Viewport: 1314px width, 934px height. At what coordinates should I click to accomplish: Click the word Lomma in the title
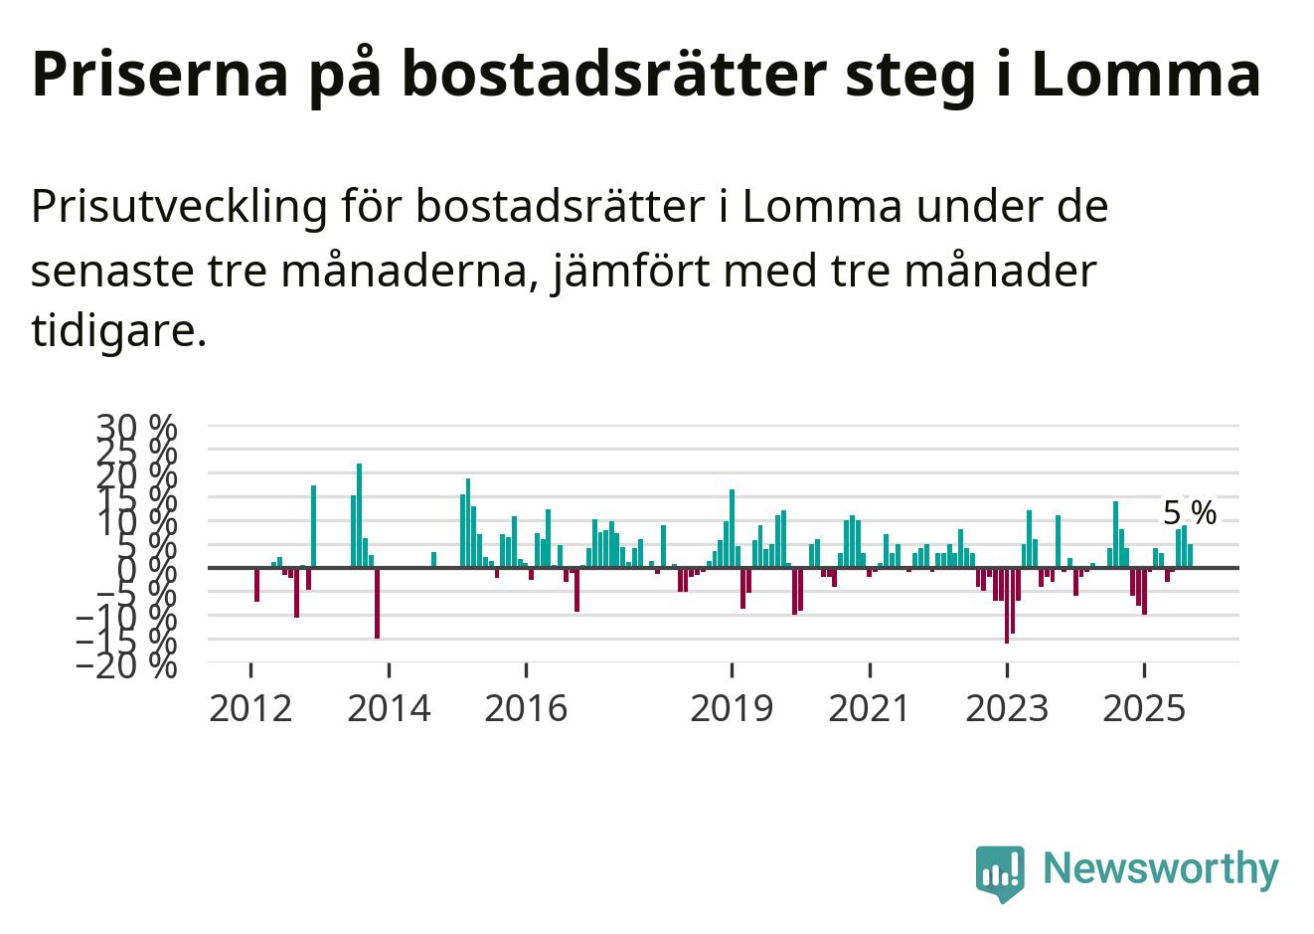[1146, 73]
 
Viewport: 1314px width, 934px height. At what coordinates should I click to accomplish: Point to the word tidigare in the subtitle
[117, 330]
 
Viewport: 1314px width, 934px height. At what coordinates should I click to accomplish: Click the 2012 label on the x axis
[250, 708]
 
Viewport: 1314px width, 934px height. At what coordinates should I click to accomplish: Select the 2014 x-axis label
[389, 708]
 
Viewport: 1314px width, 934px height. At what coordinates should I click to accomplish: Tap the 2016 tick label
[526, 708]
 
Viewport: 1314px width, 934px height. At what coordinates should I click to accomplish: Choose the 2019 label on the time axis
[732, 708]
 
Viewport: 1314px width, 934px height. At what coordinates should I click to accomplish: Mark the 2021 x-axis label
[870, 708]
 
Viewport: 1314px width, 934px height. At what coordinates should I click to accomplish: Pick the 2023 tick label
[1007, 708]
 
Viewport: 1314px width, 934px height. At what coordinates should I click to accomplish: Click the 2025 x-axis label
[1144, 708]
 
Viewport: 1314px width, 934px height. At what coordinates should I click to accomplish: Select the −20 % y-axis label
[127, 664]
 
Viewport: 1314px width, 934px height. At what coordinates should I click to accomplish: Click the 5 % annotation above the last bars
[1189, 513]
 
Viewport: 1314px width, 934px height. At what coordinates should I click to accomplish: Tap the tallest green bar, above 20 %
[359, 515]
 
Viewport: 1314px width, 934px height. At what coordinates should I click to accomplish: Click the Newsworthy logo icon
[999, 872]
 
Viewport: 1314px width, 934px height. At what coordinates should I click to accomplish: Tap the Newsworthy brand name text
[1160, 868]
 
